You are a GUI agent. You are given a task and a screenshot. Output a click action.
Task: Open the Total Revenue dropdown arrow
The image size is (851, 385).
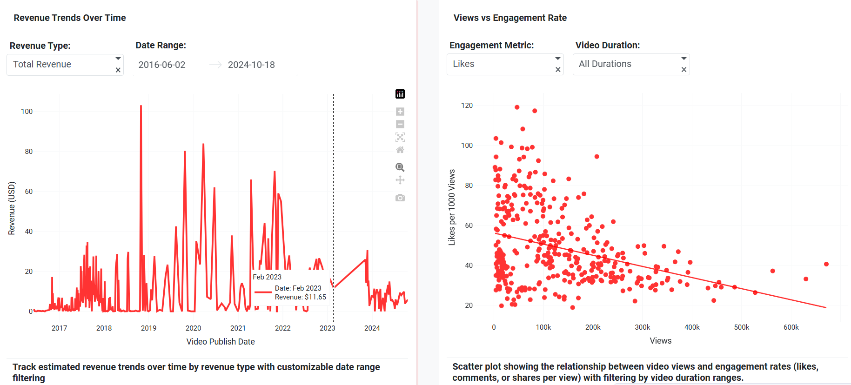pyautogui.click(x=118, y=59)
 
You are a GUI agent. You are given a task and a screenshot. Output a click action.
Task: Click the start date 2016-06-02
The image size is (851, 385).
pyautogui.click(x=162, y=65)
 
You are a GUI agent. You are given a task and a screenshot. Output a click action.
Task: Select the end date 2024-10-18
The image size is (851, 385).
pyautogui.click(x=251, y=65)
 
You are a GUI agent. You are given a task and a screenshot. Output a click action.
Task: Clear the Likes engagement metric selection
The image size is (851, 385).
pyautogui.click(x=558, y=70)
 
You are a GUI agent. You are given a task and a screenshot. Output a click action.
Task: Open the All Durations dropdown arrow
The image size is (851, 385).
pyautogui.click(x=683, y=59)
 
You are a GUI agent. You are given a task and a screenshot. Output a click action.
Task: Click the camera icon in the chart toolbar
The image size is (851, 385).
pyautogui.click(x=400, y=198)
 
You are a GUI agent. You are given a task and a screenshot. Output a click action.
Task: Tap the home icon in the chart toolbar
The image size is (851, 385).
pyautogui.click(x=400, y=150)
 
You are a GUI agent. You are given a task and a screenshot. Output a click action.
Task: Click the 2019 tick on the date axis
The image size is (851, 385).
pyautogui.click(x=148, y=328)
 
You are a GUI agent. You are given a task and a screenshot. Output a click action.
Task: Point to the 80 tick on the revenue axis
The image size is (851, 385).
pyautogui.click(x=29, y=152)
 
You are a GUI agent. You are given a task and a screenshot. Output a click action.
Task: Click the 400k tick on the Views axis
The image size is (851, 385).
pyautogui.click(x=692, y=327)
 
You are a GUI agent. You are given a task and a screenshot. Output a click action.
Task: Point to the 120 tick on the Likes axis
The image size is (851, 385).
pyautogui.click(x=467, y=106)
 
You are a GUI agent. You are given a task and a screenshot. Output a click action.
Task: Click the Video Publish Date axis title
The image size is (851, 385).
pyautogui.click(x=221, y=342)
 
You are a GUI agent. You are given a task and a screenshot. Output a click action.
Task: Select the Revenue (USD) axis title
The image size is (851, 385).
pyautogui.click(x=12, y=208)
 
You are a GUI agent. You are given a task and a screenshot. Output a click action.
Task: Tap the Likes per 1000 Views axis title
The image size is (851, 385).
pyautogui.click(x=452, y=207)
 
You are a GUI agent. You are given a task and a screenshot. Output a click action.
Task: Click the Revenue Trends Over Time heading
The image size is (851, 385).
pyautogui.click(x=70, y=18)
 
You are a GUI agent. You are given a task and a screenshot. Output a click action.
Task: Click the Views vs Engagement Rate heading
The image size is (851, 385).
pyautogui.click(x=510, y=18)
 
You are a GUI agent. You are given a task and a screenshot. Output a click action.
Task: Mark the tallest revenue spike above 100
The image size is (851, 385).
pyautogui.click(x=141, y=106)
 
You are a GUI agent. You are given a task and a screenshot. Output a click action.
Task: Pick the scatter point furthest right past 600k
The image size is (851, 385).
pyautogui.click(x=826, y=264)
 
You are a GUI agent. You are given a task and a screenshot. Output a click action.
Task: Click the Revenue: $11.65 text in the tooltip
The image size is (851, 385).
pyautogui.click(x=300, y=297)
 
